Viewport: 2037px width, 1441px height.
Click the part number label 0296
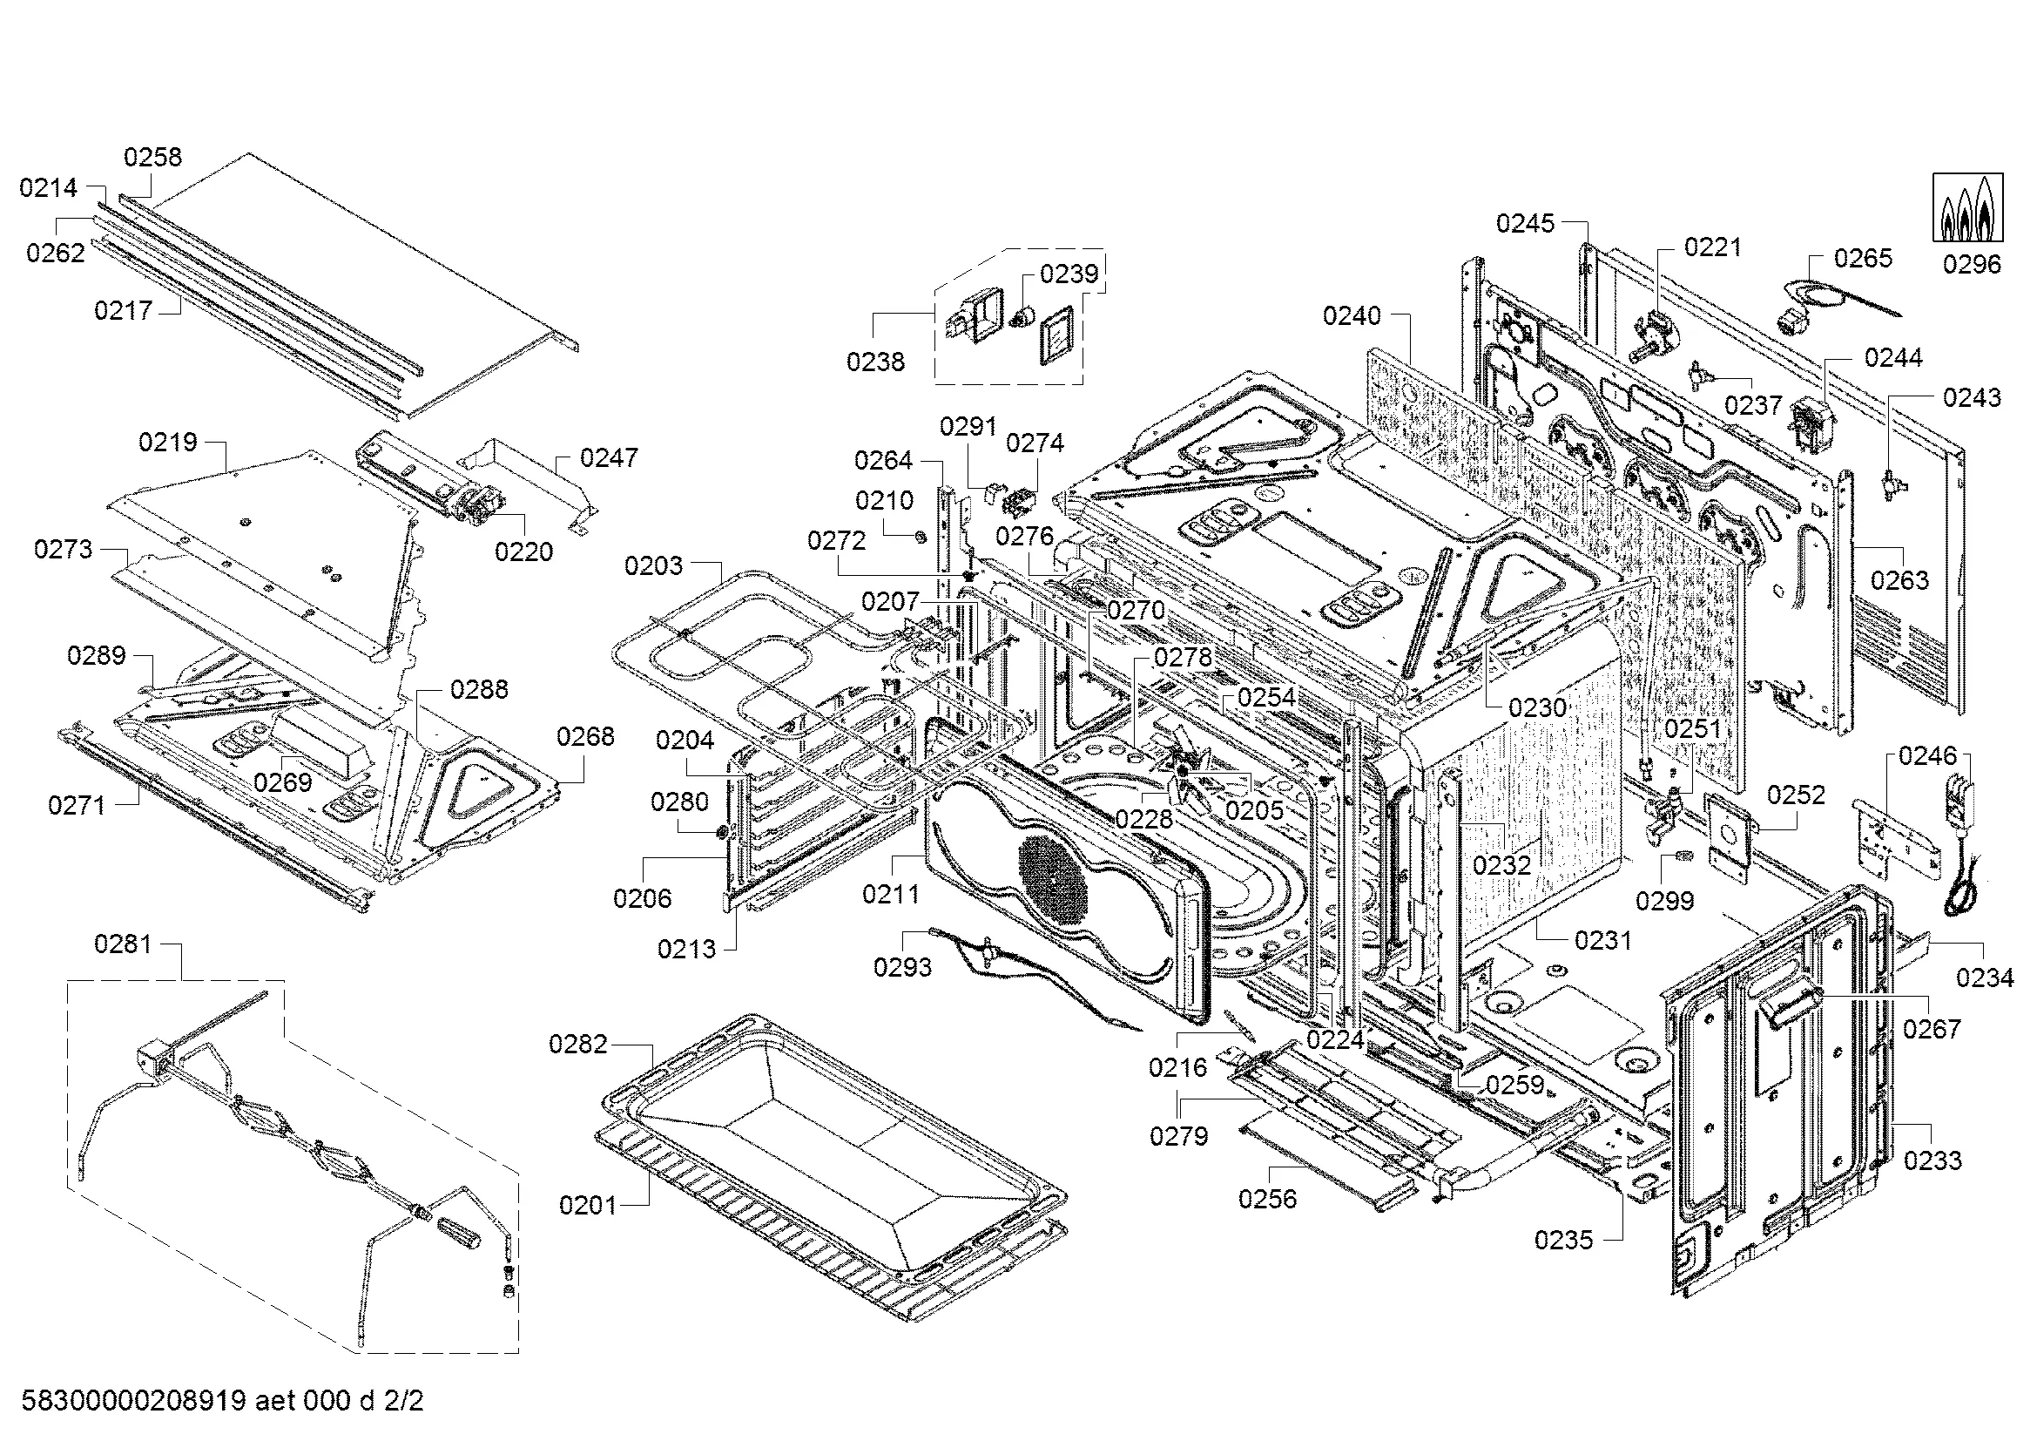pyautogui.click(x=1972, y=265)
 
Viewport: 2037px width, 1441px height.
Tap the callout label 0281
pyautogui.click(x=123, y=944)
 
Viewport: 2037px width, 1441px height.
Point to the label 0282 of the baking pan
pyautogui.click(x=577, y=1045)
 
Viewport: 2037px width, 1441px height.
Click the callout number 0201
pyautogui.click(x=587, y=1205)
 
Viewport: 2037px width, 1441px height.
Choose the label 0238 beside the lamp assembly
pyautogui.click(x=874, y=362)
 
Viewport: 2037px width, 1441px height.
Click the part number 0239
pyautogui.click(x=1069, y=274)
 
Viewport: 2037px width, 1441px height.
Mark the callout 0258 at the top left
pyautogui.click(x=152, y=157)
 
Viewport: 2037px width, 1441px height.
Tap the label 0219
pyautogui.click(x=168, y=442)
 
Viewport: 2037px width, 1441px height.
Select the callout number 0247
pyautogui.click(x=609, y=458)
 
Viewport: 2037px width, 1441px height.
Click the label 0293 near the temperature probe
pyautogui.click(x=902, y=967)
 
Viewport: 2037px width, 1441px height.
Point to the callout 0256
pyautogui.click(x=1267, y=1200)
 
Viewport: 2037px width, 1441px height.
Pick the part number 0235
pyautogui.click(x=1563, y=1241)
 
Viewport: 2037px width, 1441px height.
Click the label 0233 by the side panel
pyautogui.click(x=1932, y=1160)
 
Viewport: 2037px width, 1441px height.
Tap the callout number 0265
pyautogui.click(x=1863, y=258)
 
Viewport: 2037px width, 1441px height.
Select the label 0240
pyautogui.click(x=1352, y=316)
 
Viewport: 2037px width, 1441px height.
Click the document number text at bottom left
pyautogui.click(x=222, y=1401)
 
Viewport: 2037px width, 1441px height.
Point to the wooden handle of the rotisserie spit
pyautogui.click(x=456, y=1234)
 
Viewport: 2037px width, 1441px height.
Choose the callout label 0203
pyautogui.click(x=653, y=566)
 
